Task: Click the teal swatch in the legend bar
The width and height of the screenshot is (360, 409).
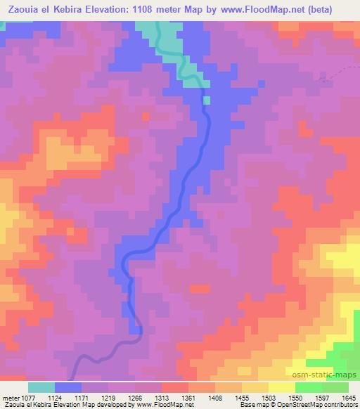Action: [x=41, y=387]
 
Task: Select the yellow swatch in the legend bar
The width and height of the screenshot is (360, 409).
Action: [x=282, y=387]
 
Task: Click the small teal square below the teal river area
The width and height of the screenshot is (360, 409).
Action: [x=207, y=100]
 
